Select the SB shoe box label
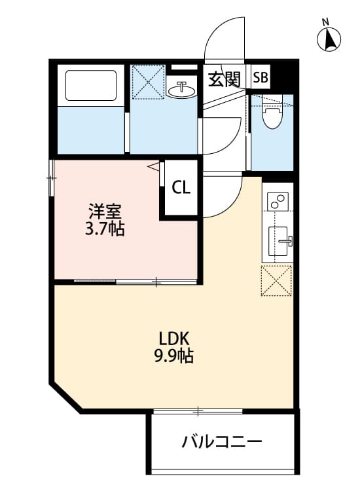coord(260,79)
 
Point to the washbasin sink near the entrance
coord(182,90)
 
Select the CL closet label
coord(181,188)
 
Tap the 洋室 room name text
coord(105,211)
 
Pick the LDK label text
coord(174,338)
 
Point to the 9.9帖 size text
coord(174,357)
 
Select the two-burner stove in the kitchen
coord(278,201)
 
